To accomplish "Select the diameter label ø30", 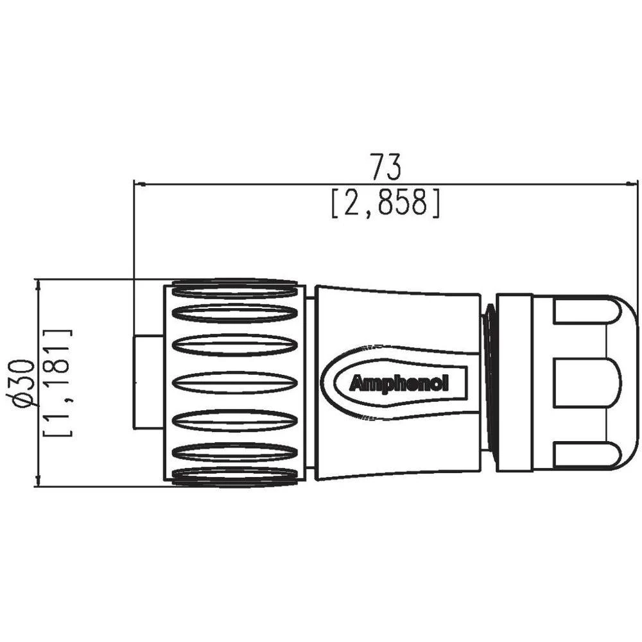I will (x=23, y=383).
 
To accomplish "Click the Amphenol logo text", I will (x=399, y=384).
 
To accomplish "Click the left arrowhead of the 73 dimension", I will (x=137, y=184).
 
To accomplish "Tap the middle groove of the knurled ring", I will (x=236, y=383).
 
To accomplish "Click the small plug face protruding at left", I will (x=148, y=382).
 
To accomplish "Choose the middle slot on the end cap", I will (x=584, y=383).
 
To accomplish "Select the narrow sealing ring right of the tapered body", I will (x=489, y=383).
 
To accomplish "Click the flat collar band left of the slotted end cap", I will (x=514, y=383).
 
